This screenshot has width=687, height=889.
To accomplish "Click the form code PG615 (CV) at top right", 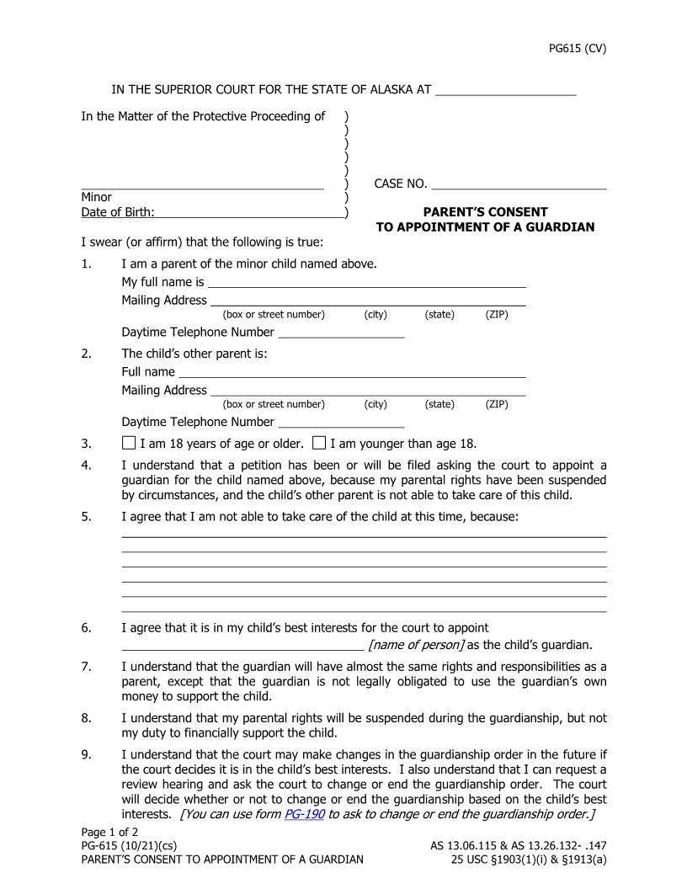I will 577,48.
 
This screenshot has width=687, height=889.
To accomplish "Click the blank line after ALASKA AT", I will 505,90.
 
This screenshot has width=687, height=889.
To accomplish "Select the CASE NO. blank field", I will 519,184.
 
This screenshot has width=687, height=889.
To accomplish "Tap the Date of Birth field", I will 249,212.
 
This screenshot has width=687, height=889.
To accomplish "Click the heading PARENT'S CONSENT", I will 485,212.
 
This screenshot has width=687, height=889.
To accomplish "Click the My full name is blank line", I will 366,282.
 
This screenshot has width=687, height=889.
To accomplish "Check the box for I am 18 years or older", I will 129,443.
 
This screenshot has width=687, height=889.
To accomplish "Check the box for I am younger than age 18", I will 319,443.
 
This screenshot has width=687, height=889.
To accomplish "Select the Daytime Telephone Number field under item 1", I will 341,332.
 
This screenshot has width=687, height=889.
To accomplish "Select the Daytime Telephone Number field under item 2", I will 341,422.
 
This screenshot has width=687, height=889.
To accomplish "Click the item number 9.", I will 86,754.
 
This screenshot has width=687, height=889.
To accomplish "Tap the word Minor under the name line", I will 96,198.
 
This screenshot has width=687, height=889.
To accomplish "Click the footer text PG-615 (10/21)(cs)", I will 129,845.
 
